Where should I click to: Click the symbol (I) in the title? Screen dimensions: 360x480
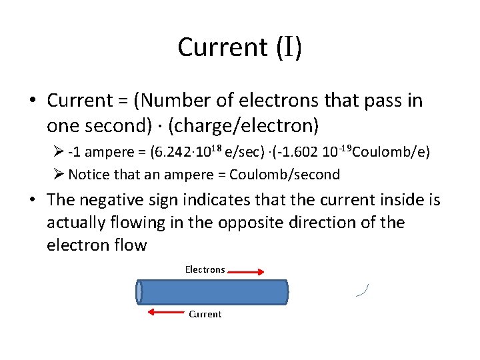[x=287, y=47]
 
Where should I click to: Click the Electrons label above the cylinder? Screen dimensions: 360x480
[x=205, y=270]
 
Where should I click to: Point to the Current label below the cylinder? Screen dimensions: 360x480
[x=205, y=314]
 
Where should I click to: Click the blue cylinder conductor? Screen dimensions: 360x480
[x=212, y=292]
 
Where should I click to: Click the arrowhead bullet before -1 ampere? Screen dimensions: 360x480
[x=58, y=152]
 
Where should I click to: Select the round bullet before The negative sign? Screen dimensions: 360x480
[x=33, y=200]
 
